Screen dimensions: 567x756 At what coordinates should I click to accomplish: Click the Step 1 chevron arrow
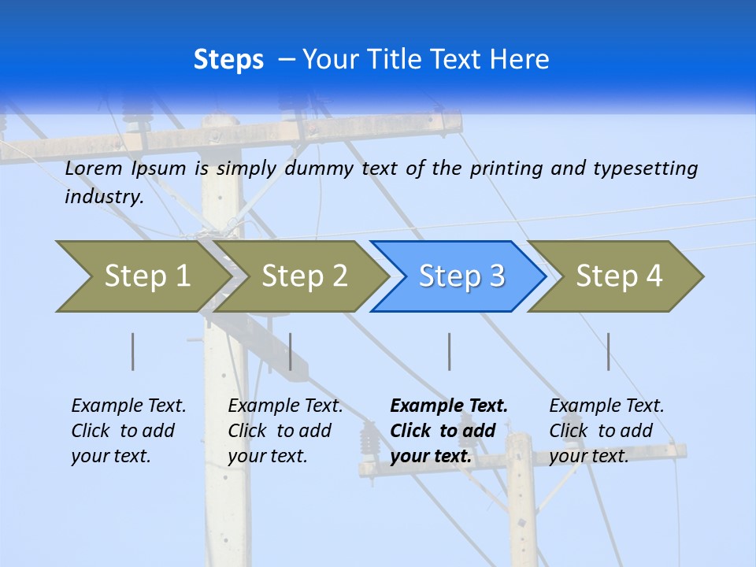(142, 276)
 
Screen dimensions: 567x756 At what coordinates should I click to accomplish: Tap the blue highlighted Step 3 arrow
(460, 276)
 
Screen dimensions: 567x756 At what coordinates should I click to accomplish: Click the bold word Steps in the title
(228, 60)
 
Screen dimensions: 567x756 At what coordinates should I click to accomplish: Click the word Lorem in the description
(94, 168)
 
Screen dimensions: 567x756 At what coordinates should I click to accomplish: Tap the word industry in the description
(103, 196)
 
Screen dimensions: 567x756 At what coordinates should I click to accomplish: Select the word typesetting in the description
(645, 169)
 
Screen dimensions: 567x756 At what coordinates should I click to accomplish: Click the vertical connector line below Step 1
(133, 351)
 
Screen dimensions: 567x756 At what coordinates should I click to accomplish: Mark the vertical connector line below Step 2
(291, 351)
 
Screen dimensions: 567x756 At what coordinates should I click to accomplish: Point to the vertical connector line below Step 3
(449, 351)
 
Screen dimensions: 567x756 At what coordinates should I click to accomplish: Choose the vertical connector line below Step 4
(608, 351)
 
